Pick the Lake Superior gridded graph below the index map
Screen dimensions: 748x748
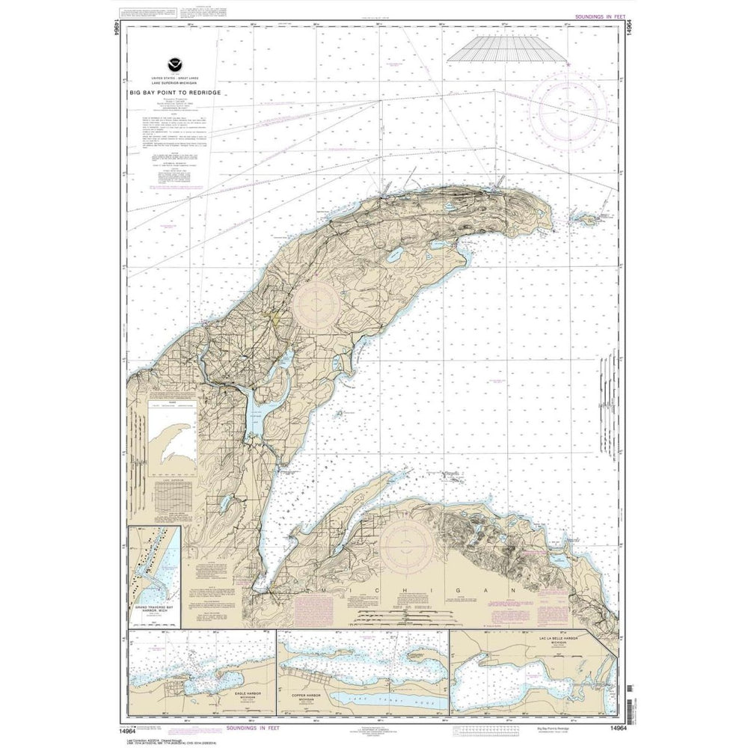172,494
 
